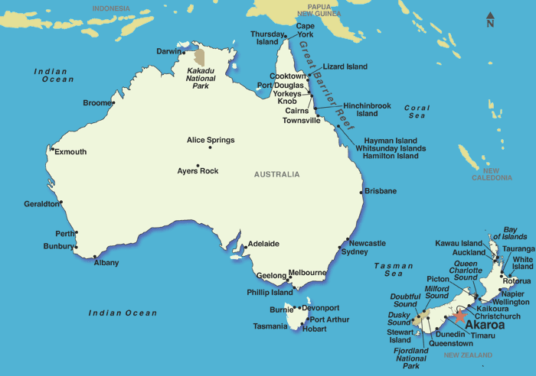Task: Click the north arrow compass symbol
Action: point(490,20)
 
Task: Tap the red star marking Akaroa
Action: point(459,315)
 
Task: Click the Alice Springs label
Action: point(211,140)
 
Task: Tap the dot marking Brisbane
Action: point(361,192)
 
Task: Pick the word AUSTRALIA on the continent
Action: point(277,174)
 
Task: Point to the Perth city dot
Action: point(77,233)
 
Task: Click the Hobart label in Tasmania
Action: point(314,329)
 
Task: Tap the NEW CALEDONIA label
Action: point(492,174)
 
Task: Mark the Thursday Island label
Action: point(267,38)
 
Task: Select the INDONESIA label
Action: point(111,8)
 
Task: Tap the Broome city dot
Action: point(113,102)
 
